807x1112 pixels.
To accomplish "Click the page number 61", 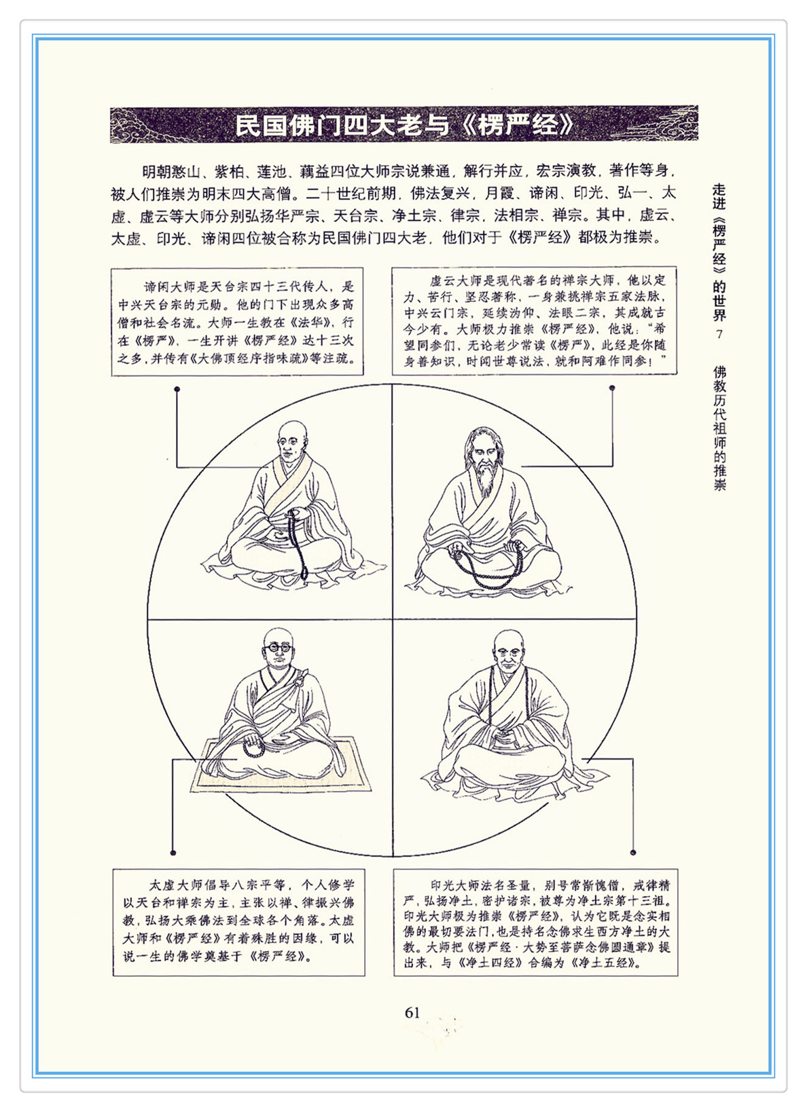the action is point(412,1013).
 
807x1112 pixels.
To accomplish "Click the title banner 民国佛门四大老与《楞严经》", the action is point(403,124).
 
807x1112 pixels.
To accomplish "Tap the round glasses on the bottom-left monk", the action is point(278,647).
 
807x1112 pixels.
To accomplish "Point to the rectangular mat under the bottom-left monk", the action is point(281,764).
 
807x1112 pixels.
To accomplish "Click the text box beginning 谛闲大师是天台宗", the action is point(237,322).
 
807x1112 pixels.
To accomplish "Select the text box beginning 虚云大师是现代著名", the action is point(535,320).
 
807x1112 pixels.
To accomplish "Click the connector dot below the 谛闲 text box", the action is point(177,389).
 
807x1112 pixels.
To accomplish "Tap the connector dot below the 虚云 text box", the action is point(612,388).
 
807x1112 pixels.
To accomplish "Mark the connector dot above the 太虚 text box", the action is point(173,853).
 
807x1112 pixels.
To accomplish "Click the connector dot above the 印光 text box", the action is point(632,853).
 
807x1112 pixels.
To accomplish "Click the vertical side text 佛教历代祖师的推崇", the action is point(719,428).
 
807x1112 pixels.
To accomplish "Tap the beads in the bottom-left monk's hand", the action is point(254,748).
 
